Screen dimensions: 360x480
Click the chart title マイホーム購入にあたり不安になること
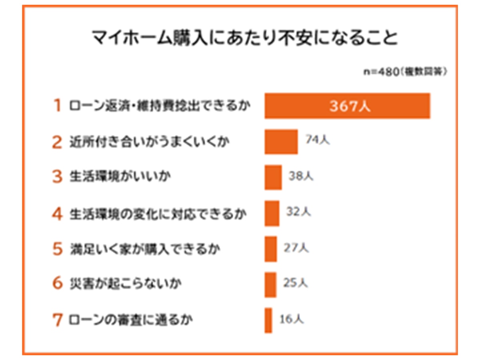click(244, 38)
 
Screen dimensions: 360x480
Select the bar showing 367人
click(347, 106)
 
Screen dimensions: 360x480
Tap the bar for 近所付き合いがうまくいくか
click(281, 142)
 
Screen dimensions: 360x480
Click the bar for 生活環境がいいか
click(273, 177)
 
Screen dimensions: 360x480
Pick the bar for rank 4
click(272, 213)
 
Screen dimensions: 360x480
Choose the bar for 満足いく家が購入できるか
click(270, 249)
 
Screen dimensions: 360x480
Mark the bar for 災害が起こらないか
click(270, 284)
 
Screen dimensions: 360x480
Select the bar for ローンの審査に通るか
click(268, 320)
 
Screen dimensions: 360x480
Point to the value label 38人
click(301, 176)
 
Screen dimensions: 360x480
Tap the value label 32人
click(298, 212)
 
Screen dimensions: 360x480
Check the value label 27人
click(296, 248)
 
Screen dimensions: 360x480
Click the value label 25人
click(296, 283)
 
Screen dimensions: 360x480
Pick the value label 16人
click(292, 319)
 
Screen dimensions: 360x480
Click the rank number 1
click(58, 106)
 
